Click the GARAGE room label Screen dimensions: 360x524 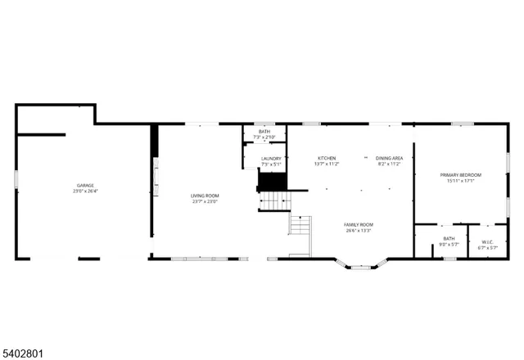point(85,186)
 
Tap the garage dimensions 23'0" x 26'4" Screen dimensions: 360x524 point(85,192)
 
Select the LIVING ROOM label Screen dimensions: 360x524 point(205,196)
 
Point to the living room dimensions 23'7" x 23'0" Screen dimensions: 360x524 point(205,202)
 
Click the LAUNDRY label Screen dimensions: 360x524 point(271,159)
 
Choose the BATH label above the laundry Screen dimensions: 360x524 point(264,131)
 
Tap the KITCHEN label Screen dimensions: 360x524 point(327,158)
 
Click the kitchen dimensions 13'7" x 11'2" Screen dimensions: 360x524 point(327,164)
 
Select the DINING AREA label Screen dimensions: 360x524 point(389,158)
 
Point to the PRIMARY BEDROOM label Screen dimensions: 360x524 point(460,175)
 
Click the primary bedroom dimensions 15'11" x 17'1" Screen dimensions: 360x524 point(460,182)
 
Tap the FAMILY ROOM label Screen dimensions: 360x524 point(358,224)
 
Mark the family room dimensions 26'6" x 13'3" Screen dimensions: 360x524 point(358,231)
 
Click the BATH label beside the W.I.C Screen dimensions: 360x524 point(449,239)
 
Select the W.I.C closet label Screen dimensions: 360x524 point(487,241)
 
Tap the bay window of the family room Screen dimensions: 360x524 point(361,265)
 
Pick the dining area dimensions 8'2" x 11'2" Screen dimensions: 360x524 point(389,164)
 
